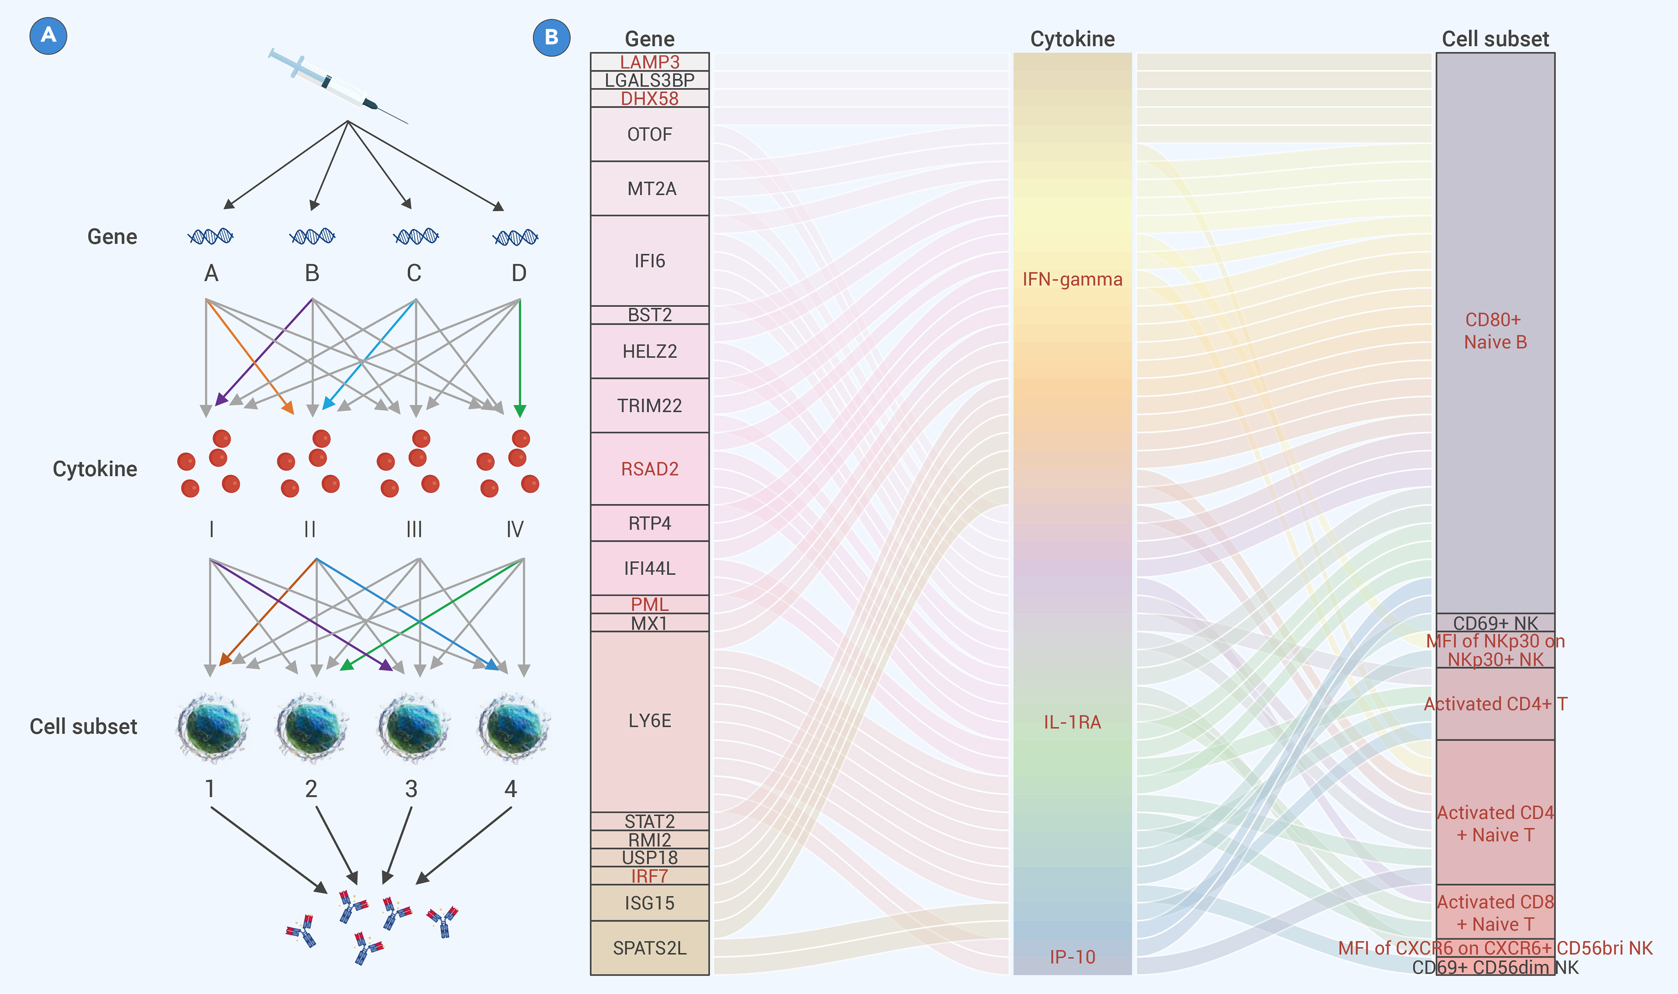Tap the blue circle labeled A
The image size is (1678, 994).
(x=48, y=35)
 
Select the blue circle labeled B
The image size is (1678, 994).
(x=552, y=38)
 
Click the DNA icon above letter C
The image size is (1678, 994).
(x=416, y=236)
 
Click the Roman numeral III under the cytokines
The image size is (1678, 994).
(x=414, y=529)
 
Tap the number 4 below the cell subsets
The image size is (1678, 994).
(x=510, y=789)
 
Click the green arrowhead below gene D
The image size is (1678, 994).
(x=519, y=411)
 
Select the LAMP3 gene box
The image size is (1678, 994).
(x=649, y=62)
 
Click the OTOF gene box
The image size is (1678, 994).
(x=649, y=134)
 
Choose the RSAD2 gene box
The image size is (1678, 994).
(x=649, y=469)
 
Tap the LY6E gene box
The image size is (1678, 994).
(x=649, y=721)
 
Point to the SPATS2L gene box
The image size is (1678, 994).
(x=649, y=948)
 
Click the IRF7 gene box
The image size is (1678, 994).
(x=649, y=876)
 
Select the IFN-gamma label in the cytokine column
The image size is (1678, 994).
(x=1072, y=279)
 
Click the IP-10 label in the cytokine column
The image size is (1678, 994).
(x=1072, y=957)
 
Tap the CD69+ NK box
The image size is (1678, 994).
(x=1495, y=622)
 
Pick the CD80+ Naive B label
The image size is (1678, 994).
(x=1495, y=331)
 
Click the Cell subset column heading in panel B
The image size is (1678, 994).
(x=1495, y=39)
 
